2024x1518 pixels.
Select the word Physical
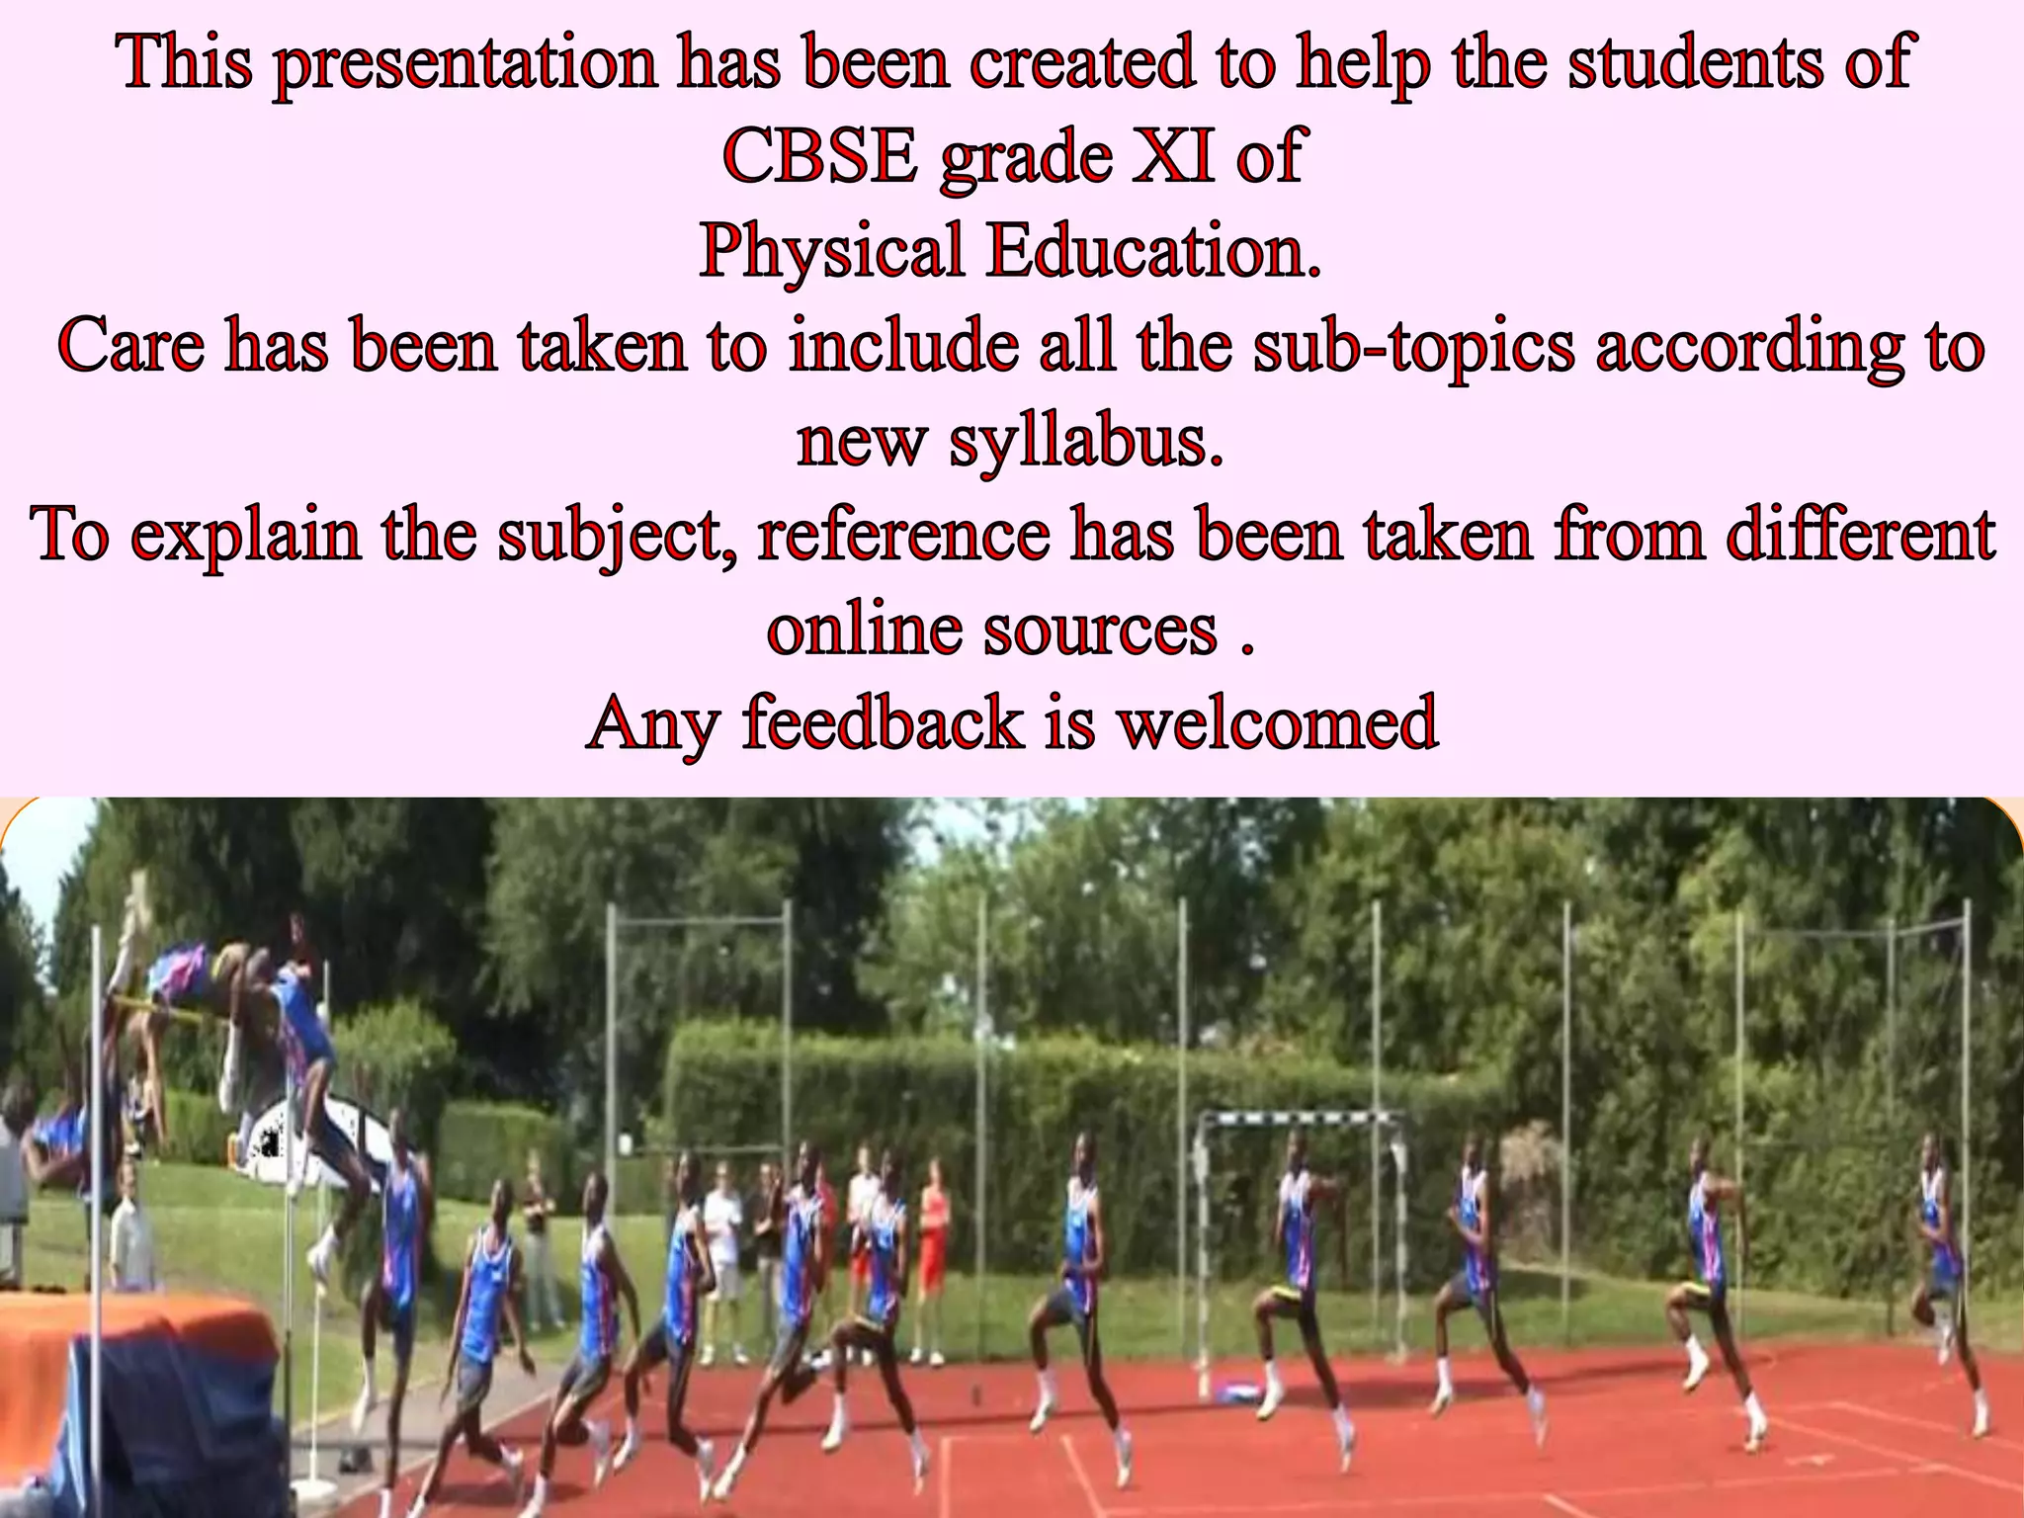point(831,251)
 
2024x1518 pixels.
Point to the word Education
point(1153,251)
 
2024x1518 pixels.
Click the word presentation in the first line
point(464,63)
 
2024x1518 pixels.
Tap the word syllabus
point(1086,441)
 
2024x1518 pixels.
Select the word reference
point(903,534)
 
